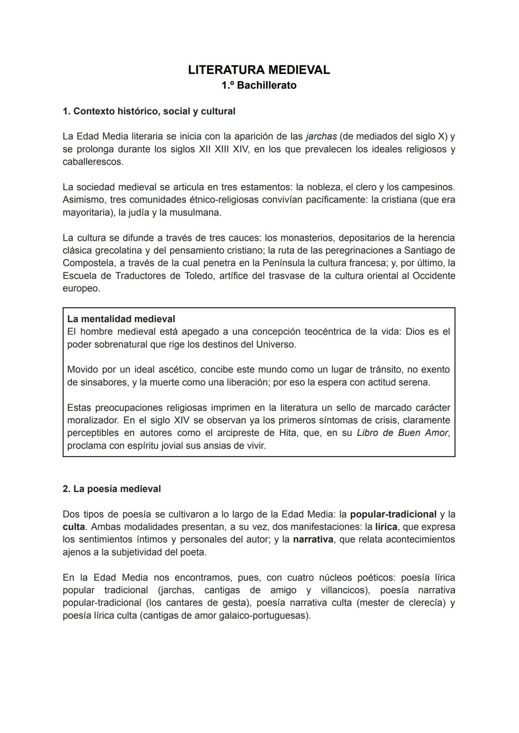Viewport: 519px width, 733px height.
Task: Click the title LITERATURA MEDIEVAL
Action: (259, 70)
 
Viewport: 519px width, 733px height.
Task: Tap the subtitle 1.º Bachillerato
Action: (259, 86)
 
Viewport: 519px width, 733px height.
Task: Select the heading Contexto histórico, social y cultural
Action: (149, 112)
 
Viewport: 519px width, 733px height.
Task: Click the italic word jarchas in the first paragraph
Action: (321, 137)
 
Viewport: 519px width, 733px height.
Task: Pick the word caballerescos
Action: (92, 162)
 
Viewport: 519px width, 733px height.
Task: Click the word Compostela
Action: (89, 263)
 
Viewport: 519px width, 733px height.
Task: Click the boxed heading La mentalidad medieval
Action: (121, 319)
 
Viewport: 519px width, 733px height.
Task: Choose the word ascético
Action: (175, 370)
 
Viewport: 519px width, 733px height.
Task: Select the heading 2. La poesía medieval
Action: (111, 489)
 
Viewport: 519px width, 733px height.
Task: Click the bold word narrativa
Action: (313, 539)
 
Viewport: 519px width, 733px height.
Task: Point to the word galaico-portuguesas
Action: (260, 615)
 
